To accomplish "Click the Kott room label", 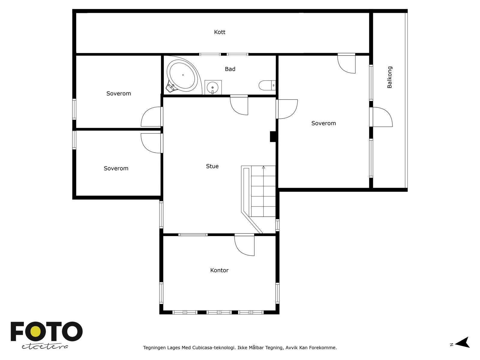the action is [220, 32].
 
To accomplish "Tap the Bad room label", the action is [230, 69].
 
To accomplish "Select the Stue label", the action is [212, 166].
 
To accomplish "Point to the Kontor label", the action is [219, 270].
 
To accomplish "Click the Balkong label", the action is [389, 77].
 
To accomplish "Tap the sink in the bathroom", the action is [213, 87].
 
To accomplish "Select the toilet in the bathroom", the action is [267, 85].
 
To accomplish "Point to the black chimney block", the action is [273, 136].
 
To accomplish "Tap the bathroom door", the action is [239, 105].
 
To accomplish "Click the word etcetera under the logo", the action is [45, 347].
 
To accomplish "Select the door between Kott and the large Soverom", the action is [346, 63].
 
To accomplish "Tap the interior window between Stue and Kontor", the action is [193, 235].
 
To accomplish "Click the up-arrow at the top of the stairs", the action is [263, 167].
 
